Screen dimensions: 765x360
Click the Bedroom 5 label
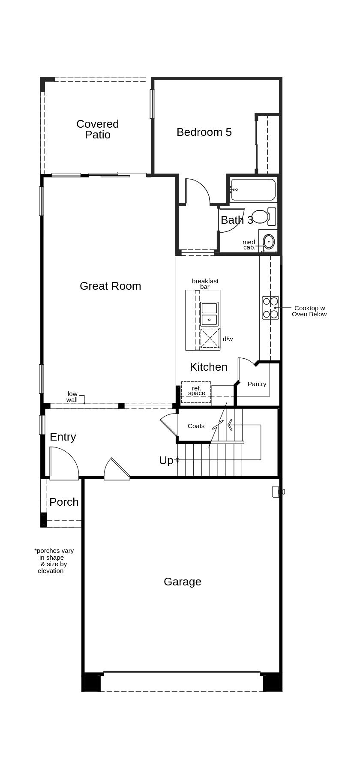[204, 132]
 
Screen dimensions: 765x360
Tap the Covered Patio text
[97, 129]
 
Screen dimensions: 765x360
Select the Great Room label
[110, 286]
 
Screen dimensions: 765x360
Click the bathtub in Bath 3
[253, 189]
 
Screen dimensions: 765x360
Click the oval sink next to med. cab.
[269, 242]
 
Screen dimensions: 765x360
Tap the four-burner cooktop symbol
[270, 308]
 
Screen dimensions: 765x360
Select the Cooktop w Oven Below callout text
[309, 311]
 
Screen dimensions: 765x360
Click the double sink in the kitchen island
[209, 314]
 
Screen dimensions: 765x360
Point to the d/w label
[228, 339]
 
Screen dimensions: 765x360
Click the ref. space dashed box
[196, 392]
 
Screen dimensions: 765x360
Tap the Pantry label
[257, 384]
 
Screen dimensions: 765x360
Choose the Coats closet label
[196, 426]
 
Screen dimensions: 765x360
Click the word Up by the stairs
[166, 460]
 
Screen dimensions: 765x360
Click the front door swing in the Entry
[64, 463]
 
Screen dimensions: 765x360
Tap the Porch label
[64, 502]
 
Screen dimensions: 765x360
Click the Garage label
[182, 582]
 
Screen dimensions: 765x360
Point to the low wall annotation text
[72, 397]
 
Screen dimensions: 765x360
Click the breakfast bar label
[205, 284]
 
